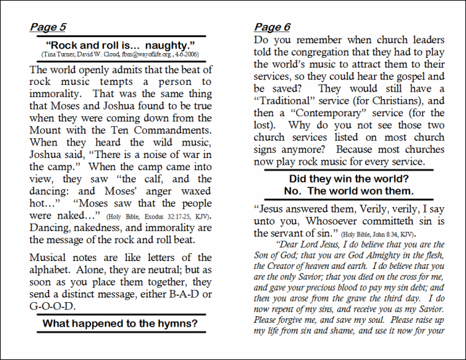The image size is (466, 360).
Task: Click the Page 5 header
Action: (48, 27)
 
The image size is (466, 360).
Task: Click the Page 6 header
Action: (272, 27)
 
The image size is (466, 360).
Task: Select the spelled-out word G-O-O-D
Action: (52, 307)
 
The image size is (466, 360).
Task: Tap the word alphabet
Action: (52, 270)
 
